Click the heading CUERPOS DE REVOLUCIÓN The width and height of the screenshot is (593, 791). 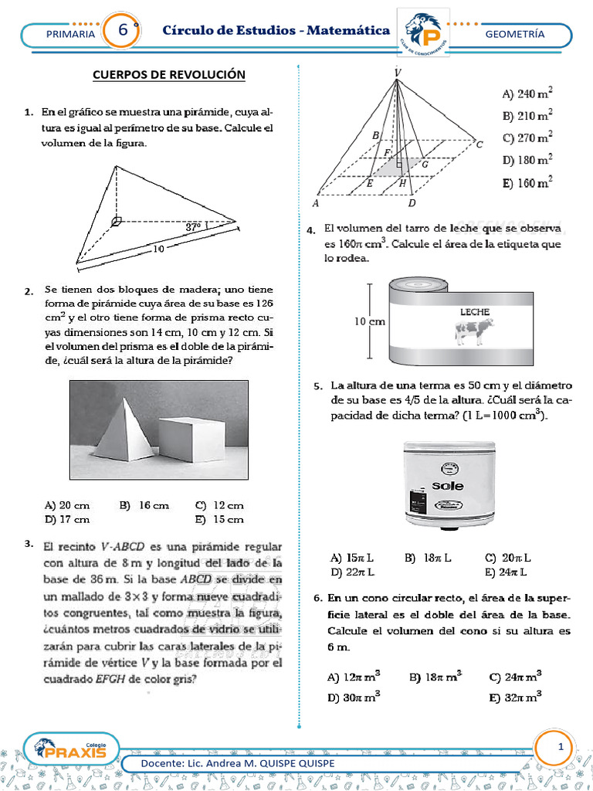coord(168,74)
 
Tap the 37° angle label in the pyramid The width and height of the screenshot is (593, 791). coord(193,227)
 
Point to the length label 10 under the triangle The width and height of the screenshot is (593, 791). coord(158,250)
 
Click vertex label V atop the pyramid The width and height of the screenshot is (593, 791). coord(397,72)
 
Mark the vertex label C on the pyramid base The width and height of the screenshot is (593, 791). coord(479,144)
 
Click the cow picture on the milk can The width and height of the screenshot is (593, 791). coord(473,331)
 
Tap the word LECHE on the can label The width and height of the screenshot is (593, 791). coord(475,311)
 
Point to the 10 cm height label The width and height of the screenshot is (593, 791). coord(369,323)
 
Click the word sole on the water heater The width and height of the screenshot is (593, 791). coord(447,487)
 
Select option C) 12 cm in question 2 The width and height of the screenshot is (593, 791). coord(219,505)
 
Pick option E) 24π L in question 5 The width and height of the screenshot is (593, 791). coord(507,572)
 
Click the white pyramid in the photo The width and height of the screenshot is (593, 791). coord(124,436)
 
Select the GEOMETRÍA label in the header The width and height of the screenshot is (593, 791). coord(515,34)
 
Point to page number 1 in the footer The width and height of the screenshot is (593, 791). coord(561,747)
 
